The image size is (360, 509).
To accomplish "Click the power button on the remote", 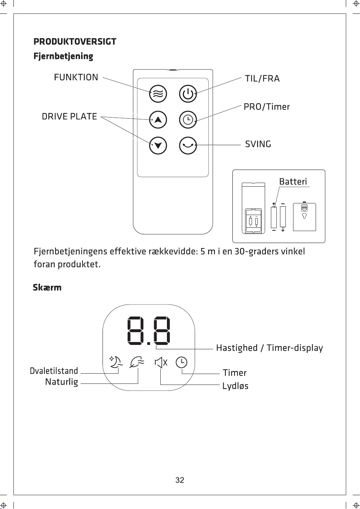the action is point(188,94).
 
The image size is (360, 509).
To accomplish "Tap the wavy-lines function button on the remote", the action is point(158,94).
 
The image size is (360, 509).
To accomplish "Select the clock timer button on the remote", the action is point(188,120).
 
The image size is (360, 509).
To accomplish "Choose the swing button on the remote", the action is point(188,146).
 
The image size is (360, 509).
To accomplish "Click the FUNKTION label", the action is point(76,77).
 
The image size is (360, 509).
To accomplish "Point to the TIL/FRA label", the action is point(262,79).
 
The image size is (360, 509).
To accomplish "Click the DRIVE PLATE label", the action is point(69,116).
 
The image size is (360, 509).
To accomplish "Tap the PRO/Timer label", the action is point(267,107).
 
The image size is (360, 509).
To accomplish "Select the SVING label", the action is point(258,144).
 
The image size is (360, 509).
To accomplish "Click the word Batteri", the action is point(293,182).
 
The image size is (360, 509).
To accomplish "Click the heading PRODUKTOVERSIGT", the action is point(75,41).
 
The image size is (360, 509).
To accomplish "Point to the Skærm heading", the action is point(47,287).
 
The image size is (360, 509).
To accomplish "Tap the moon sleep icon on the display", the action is point(116,362).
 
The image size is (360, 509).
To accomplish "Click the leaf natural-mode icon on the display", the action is point(137,362).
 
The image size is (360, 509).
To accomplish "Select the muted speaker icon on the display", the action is point(161,362).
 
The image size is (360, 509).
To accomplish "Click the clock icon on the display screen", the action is point(181,362).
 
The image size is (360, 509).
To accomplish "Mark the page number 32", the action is point(180,480).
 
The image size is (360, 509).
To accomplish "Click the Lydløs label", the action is point(235,386).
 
